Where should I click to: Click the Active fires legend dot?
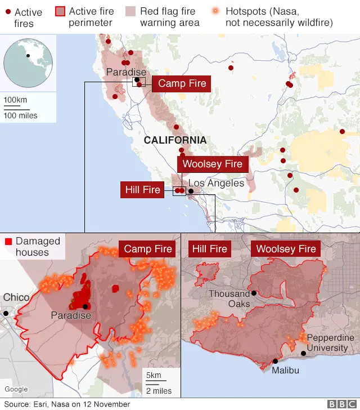pos(8,12)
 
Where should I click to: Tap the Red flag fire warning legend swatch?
pos(130,11)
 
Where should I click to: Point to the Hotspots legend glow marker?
pos(216,11)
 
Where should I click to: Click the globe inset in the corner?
pos(28,61)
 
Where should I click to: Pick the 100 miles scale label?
pos(21,115)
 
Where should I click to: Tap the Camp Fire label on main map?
pos(182,84)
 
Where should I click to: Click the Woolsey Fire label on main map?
pos(212,164)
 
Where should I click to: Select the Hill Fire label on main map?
pos(143,190)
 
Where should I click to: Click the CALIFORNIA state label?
pos(175,140)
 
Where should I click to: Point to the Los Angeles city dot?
pos(191,191)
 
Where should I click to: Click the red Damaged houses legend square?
pos(8,242)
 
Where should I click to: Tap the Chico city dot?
pos(6,313)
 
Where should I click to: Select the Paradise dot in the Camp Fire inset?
pos(85,306)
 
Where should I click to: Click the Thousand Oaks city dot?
pos(254,293)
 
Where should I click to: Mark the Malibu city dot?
pos(275,361)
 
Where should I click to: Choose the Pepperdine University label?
pos(330,342)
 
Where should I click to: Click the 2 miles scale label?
pos(159,391)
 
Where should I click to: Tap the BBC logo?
pos(339,404)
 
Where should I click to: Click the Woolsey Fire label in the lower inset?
pos(286,249)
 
